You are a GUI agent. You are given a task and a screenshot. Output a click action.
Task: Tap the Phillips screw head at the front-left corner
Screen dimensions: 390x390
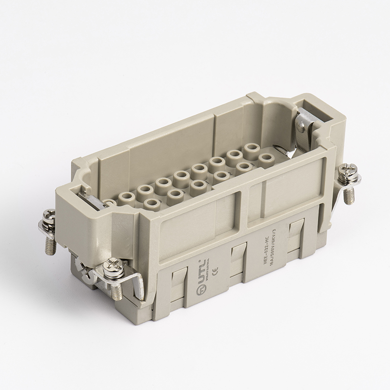(112, 266)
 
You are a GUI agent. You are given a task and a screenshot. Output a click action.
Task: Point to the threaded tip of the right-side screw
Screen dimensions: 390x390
(348, 195)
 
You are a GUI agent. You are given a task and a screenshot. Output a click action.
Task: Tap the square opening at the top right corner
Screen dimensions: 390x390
(321, 111)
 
